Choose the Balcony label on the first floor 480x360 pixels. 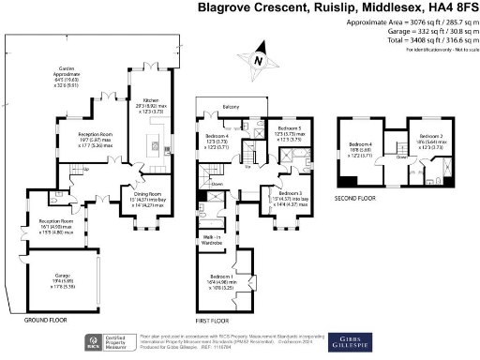230,106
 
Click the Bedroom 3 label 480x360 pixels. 291,192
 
